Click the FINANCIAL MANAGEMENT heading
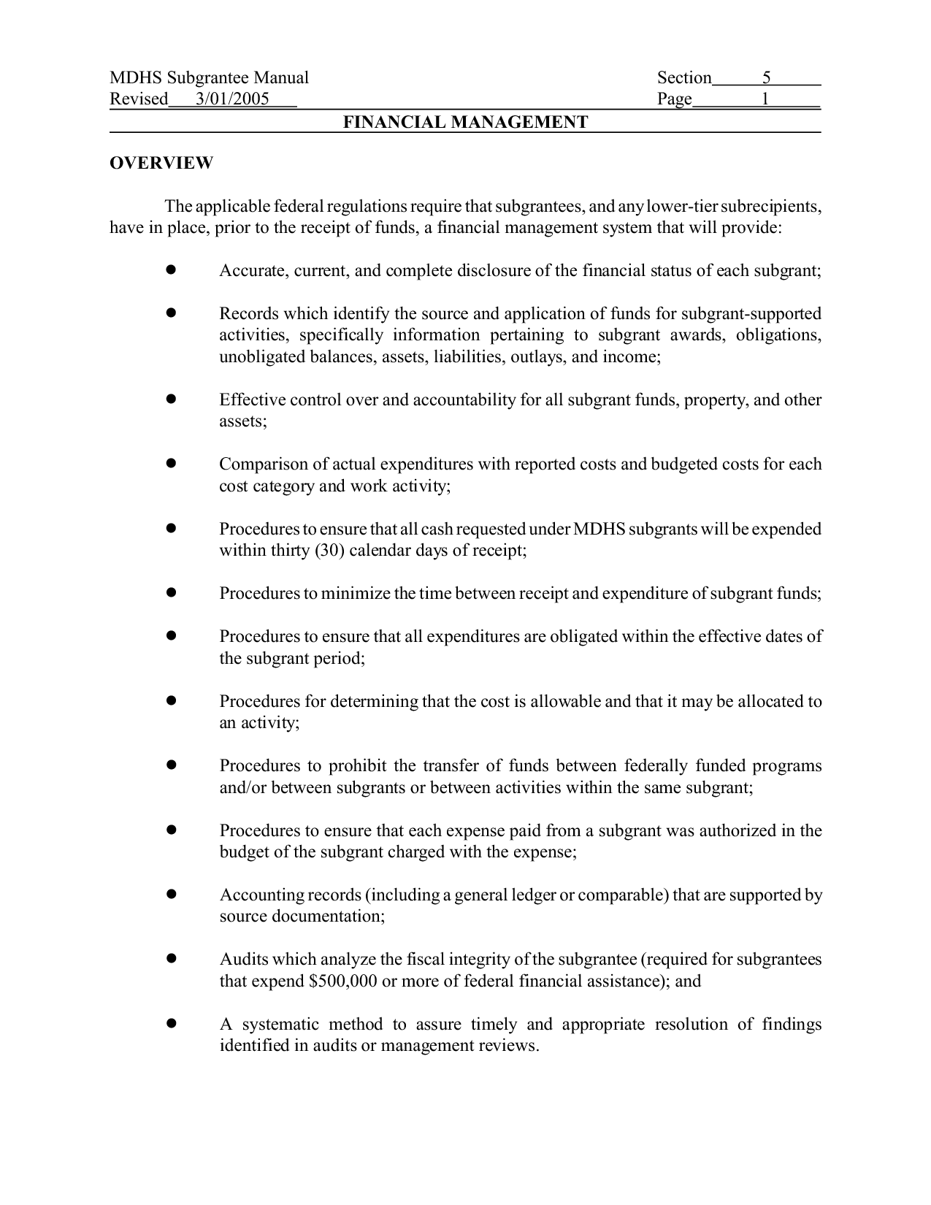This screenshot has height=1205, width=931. [x=465, y=122]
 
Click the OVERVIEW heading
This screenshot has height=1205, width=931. [x=161, y=163]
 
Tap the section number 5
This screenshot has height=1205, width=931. [x=767, y=77]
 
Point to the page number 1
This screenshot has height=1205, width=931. [x=765, y=99]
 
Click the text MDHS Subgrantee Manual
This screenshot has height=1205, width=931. [x=209, y=77]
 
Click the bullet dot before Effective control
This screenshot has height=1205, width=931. [x=171, y=399]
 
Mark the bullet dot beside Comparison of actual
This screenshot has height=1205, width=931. [x=171, y=464]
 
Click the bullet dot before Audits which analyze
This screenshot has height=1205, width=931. [x=171, y=959]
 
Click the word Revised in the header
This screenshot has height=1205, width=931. [x=139, y=99]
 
